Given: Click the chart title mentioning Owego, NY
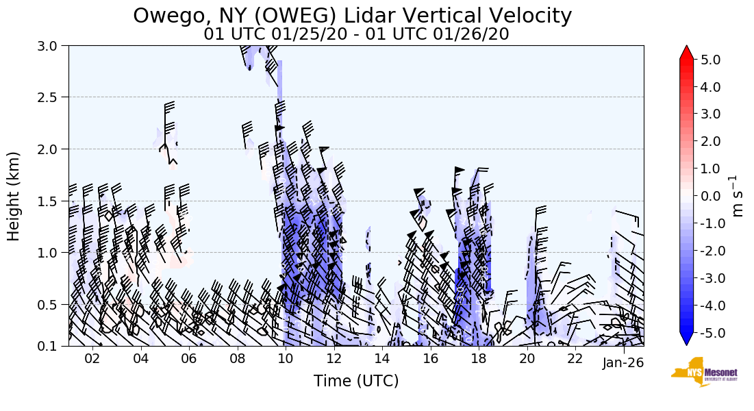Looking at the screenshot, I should [x=352, y=16].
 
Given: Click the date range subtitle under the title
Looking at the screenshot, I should [x=356, y=34].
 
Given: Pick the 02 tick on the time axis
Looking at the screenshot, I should [x=92, y=360].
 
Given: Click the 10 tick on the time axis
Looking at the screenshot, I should [x=286, y=360].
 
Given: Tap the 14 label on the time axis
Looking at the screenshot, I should [x=382, y=360].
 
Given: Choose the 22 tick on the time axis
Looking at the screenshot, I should [x=575, y=360].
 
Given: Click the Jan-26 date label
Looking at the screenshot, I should [x=623, y=363].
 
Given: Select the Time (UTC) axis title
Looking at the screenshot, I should [x=356, y=381].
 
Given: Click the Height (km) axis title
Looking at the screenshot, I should [x=14, y=196].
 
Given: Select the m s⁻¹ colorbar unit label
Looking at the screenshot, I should [x=738, y=196].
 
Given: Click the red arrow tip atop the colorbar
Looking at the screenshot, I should [x=686, y=52].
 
